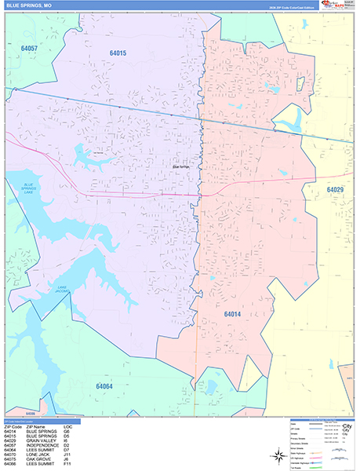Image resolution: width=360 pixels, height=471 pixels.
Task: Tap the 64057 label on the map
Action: pyautogui.click(x=29, y=49)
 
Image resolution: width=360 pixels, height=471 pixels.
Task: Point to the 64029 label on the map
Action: pyautogui.click(x=335, y=190)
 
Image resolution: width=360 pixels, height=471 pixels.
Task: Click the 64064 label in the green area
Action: pyautogui.click(x=104, y=386)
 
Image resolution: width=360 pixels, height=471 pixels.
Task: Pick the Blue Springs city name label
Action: pyautogui.click(x=181, y=166)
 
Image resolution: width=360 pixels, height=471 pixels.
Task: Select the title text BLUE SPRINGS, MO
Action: pyautogui.click(x=29, y=5)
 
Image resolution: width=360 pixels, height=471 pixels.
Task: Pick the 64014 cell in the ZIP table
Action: pyautogui.click(x=10, y=431)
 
